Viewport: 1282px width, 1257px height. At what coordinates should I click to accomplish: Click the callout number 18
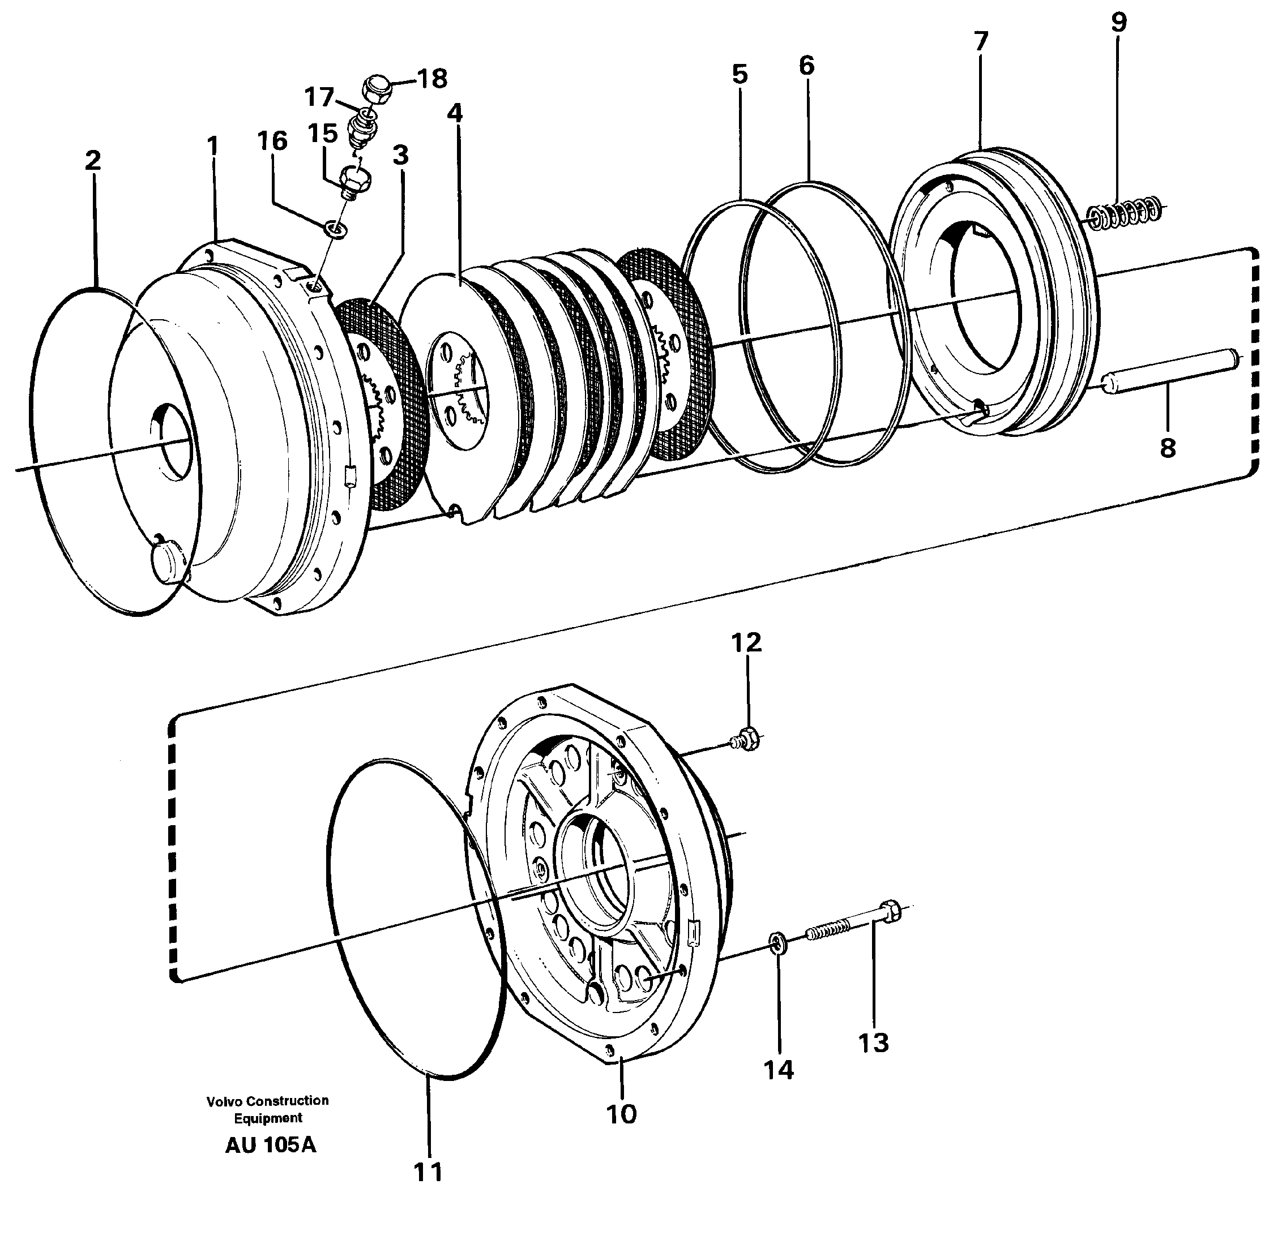click(433, 79)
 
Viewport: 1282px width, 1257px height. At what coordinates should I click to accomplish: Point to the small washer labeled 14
click(777, 941)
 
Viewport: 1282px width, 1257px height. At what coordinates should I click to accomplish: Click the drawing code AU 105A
click(270, 1146)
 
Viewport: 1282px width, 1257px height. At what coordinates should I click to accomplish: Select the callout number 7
click(980, 41)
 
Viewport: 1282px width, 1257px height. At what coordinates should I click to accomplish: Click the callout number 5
click(740, 75)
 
